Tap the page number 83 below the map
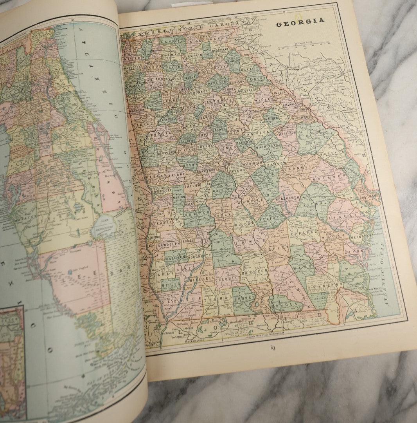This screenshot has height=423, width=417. pyautogui.click(x=273, y=347)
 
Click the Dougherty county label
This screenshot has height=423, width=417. pyautogui.click(x=199, y=255)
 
